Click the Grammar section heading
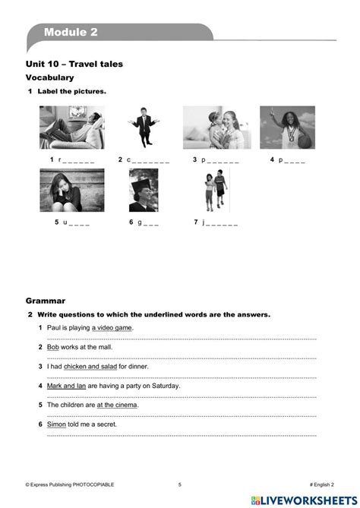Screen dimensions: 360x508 (x=46, y=300)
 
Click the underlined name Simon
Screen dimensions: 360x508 (x=58, y=425)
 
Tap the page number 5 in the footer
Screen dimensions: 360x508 (x=180, y=484)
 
